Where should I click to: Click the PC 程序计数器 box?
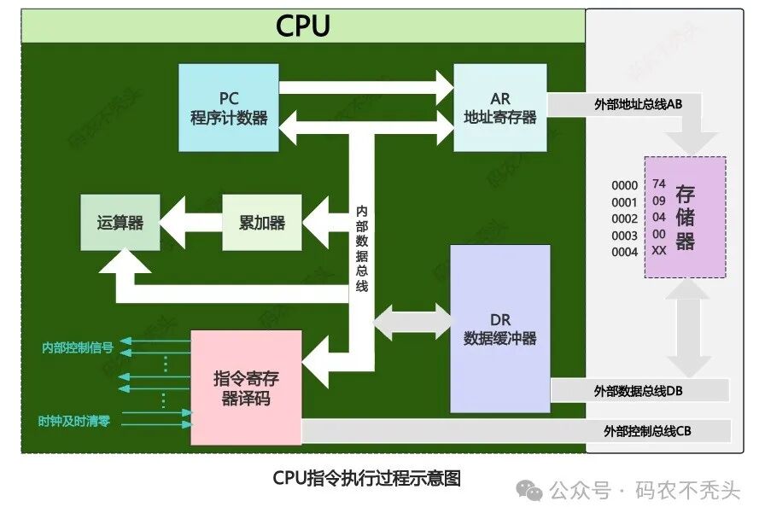[229, 107]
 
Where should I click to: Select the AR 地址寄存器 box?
[499, 107]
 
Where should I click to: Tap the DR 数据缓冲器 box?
[499, 329]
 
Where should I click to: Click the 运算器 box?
[120, 223]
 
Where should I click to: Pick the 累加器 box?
[262, 223]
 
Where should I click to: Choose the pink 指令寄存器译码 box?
[246, 388]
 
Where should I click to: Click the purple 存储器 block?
[685, 217]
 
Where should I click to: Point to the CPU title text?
[302, 26]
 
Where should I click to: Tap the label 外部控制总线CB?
[647, 431]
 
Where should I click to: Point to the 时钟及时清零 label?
[74, 421]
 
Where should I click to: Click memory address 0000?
[624, 185]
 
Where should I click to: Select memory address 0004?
[624, 252]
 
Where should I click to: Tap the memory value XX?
[658, 251]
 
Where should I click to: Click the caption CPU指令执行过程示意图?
[366, 478]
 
